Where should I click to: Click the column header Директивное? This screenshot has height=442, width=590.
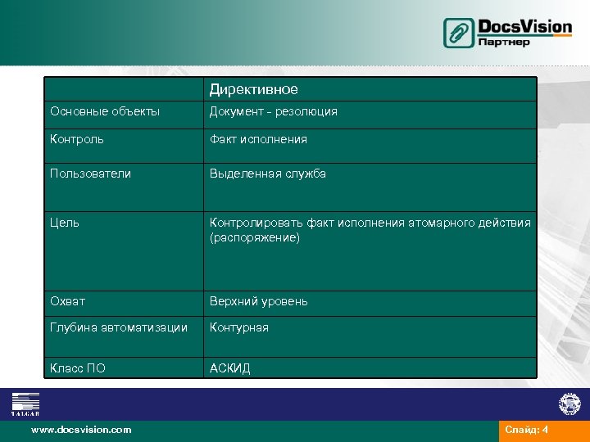(x=253, y=89)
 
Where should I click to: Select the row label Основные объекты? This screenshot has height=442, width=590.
(x=105, y=111)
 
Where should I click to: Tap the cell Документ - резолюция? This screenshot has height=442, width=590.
(x=274, y=111)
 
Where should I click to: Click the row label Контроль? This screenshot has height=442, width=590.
(x=77, y=139)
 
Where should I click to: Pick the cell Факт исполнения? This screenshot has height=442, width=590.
(x=258, y=139)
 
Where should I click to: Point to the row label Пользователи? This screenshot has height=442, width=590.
(x=90, y=174)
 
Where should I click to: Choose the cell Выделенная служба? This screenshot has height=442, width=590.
(x=268, y=174)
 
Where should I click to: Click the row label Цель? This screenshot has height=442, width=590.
(x=65, y=223)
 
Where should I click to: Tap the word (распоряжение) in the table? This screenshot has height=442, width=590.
(x=255, y=238)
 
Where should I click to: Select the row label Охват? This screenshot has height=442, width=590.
(x=67, y=301)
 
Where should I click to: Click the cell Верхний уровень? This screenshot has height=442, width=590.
(x=259, y=301)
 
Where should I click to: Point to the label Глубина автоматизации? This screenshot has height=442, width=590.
(x=119, y=327)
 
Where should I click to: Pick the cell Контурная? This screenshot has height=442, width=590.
(x=239, y=327)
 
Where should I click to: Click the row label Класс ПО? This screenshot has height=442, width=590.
(x=78, y=368)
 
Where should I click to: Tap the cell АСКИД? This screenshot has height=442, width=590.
(x=230, y=368)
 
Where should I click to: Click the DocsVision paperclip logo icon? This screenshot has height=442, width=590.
(x=459, y=33)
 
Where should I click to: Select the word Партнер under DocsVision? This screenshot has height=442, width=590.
(x=504, y=43)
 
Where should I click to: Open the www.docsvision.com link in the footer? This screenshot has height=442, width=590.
(x=81, y=430)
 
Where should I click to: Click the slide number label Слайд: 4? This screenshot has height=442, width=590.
(x=527, y=430)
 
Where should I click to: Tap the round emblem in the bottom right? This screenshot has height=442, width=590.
(x=569, y=403)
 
